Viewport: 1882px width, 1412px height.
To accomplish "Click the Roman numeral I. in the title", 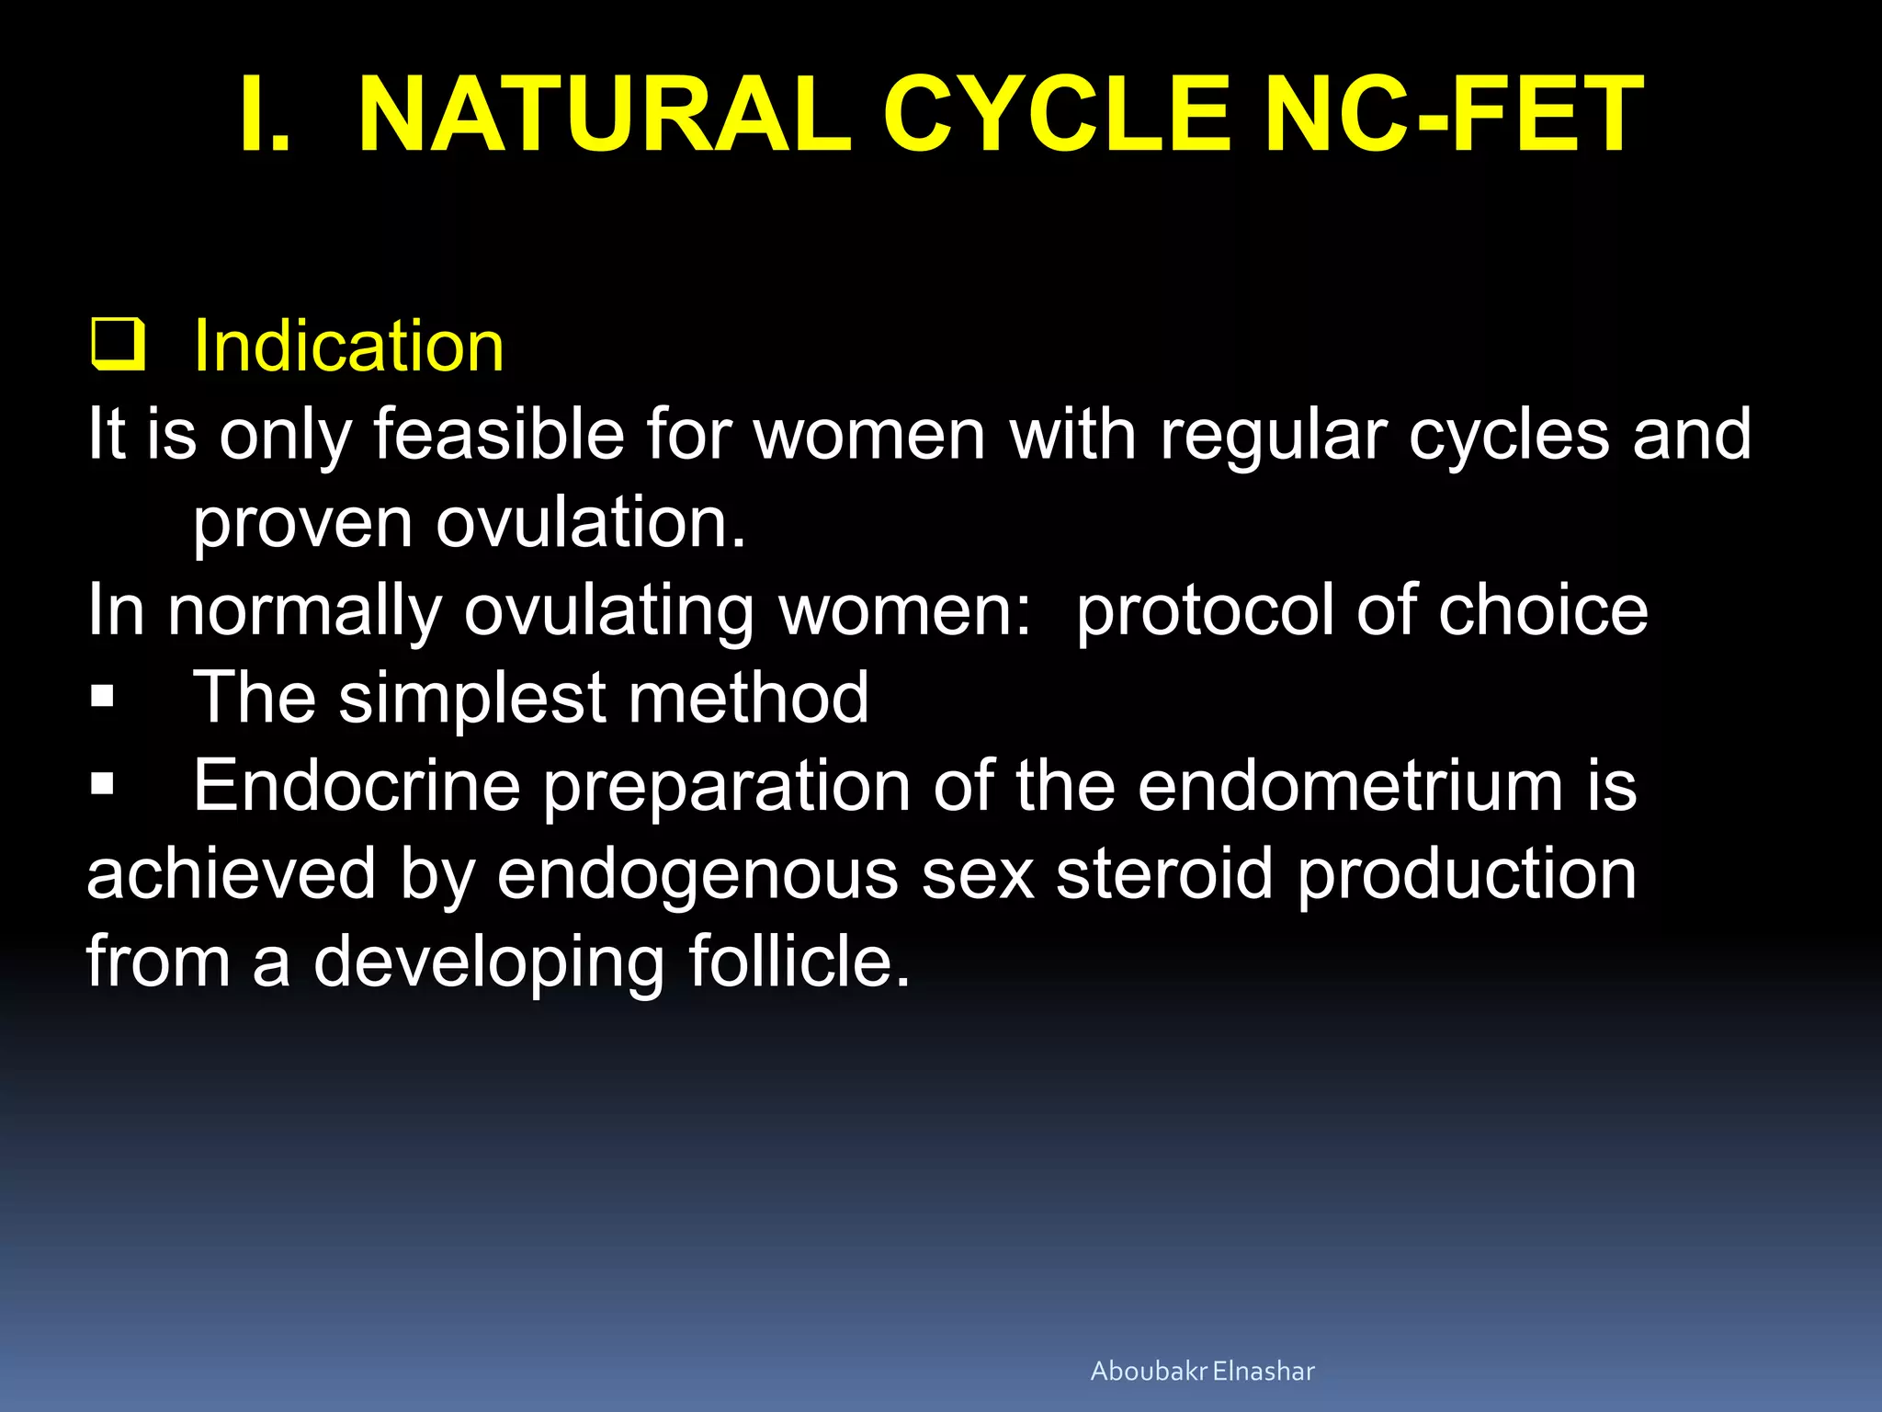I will (x=265, y=116).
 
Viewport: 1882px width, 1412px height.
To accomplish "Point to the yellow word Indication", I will (x=348, y=346).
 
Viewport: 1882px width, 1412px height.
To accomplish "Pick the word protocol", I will (x=1205, y=611).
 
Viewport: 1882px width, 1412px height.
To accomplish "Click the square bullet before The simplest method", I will (x=102, y=697).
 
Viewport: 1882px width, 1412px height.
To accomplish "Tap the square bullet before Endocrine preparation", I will (x=102, y=784).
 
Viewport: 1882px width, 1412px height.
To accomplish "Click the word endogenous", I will (x=697, y=875).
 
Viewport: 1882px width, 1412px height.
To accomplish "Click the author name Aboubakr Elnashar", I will (x=1202, y=1371).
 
